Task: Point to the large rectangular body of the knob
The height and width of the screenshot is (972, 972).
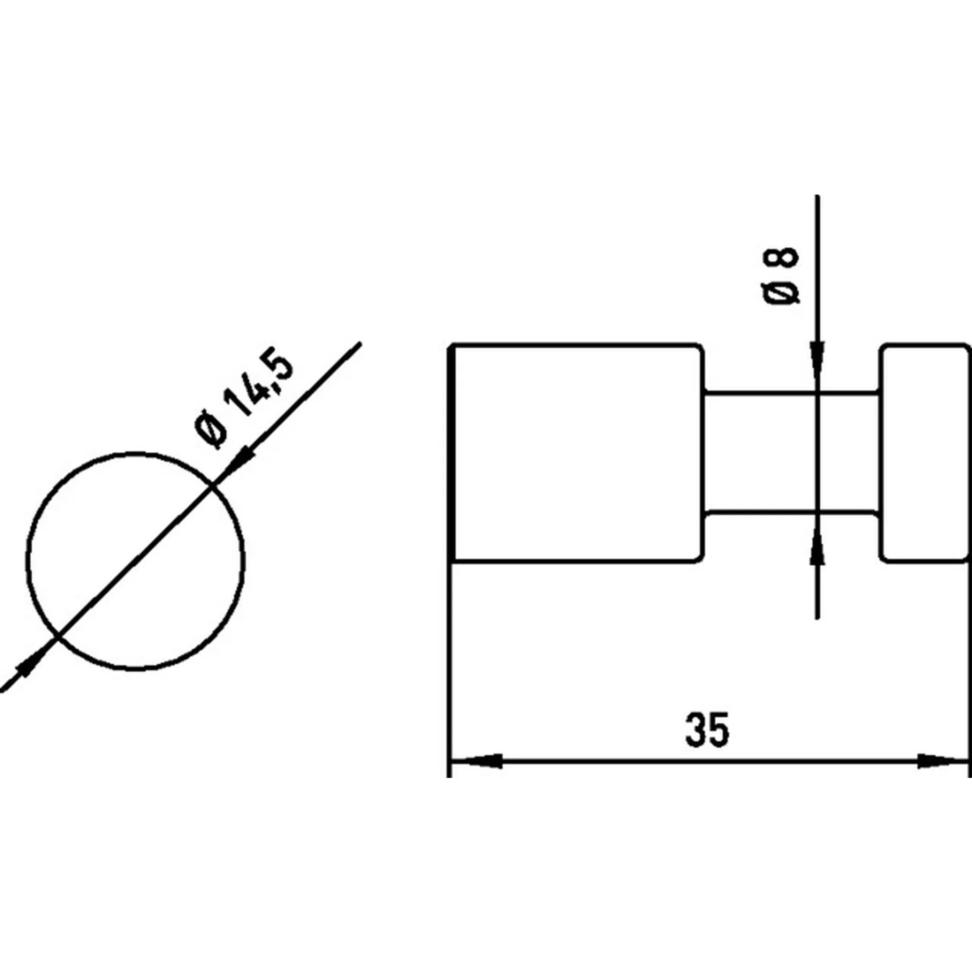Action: click(577, 452)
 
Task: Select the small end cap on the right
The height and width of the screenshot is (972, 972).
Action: click(925, 452)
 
